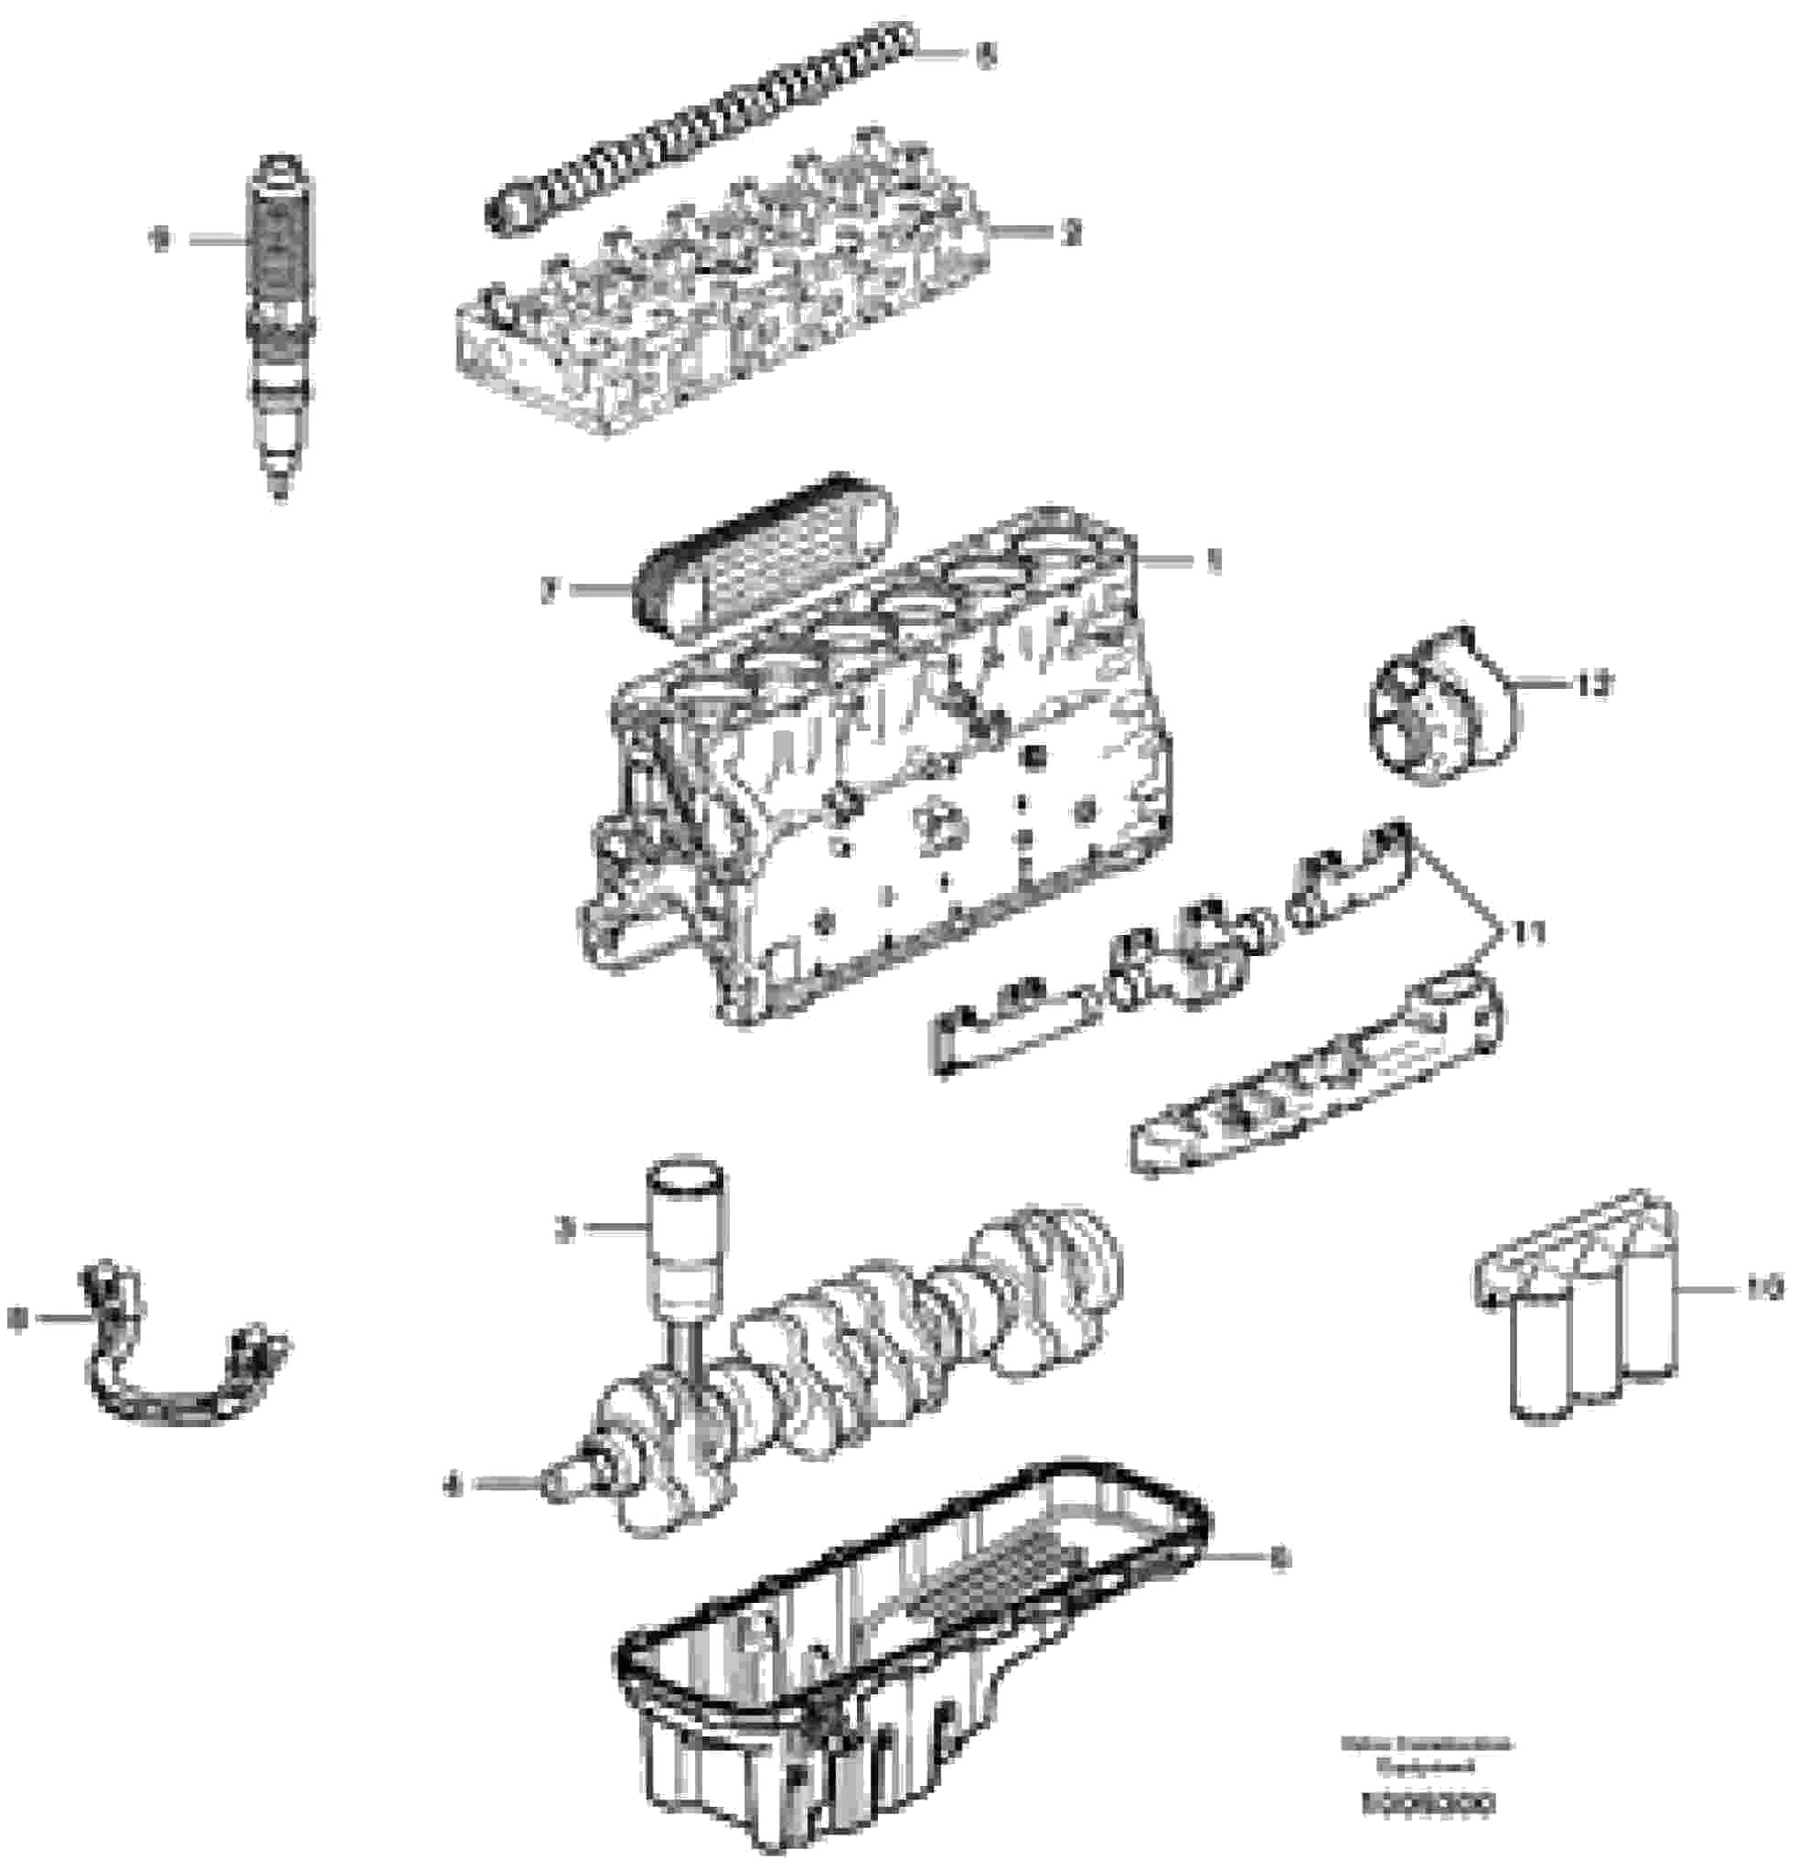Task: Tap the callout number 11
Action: coord(1524,932)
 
